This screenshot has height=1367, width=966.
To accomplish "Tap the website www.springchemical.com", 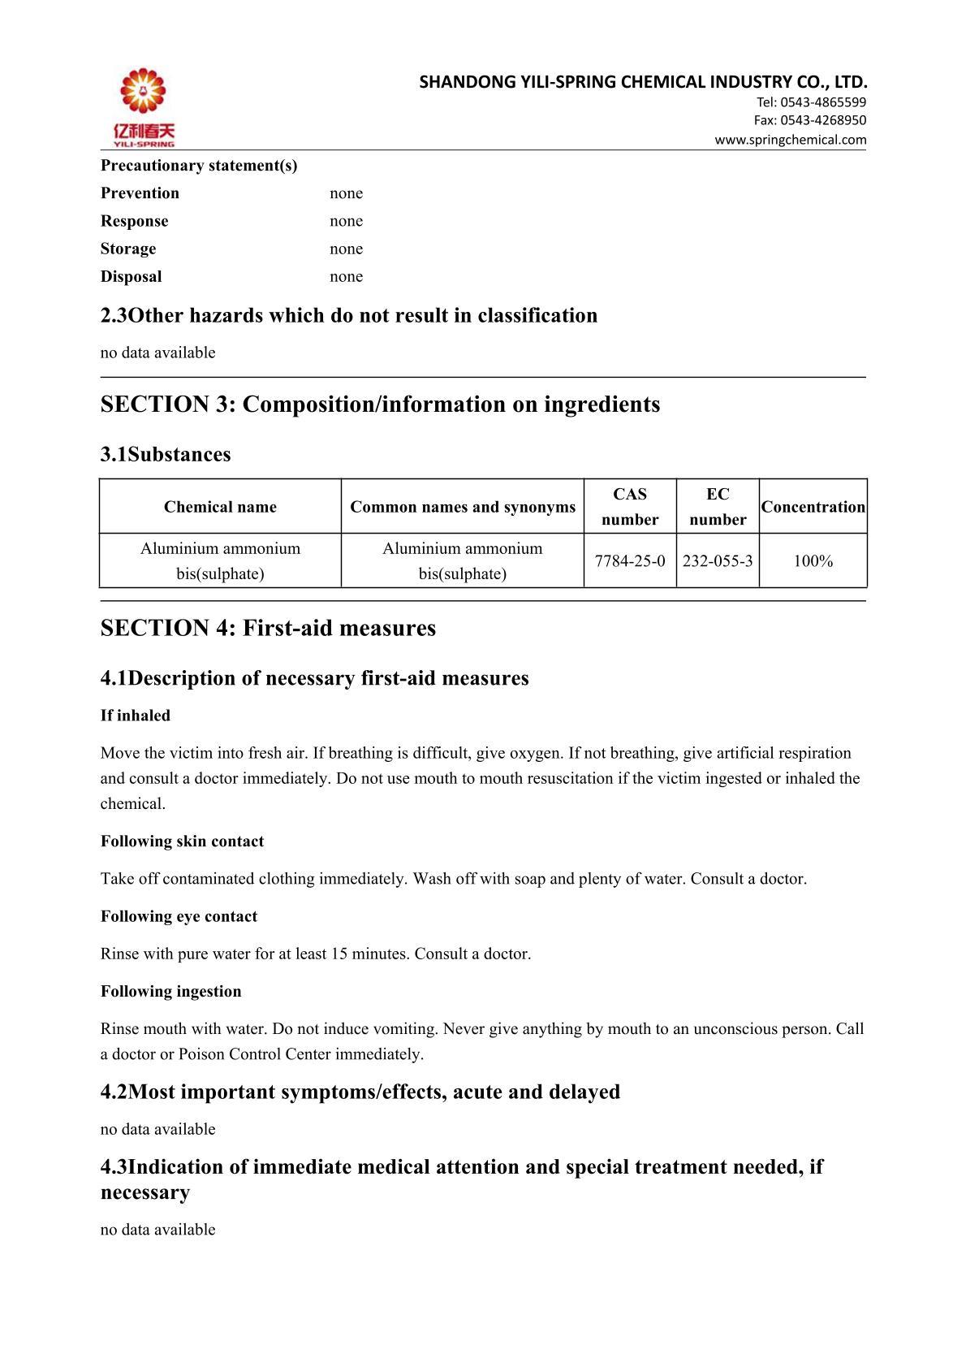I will pyautogui.click(x=790, y=140).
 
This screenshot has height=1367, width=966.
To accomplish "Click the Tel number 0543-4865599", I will pyautogui.click(x=822, y=102).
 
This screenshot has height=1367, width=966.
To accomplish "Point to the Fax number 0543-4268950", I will pyautogui.click(x=822, y=120).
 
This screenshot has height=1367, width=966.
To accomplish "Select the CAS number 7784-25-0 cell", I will pyautogui.click(x=630, y=561).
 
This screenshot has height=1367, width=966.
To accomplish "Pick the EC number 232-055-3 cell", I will pyautogui.click(x=718, y=561).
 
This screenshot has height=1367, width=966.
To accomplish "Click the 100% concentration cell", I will pyautogui.click(x=813, y=561).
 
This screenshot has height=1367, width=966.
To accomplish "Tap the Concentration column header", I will pyautogui.click(x=813, y=507).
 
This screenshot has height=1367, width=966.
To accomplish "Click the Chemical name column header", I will pyautogui.click(x=220, y=507).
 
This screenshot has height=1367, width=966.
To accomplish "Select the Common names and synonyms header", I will pyautogui.click(x=463, y=507).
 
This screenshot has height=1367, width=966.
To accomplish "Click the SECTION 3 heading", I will pyautogui.click(x=380, y=404).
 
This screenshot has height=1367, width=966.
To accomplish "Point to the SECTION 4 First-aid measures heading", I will pyautogui.click(x=268, y=628).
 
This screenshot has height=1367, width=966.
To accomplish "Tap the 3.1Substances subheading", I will pyautogui.click(x=166, y=454).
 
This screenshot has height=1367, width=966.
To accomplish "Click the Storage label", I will pyautogui.click(x=128, y=249).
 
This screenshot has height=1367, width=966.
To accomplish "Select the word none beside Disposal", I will pyautogui.click(x=346, y=276).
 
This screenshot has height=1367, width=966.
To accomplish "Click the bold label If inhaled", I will pyautogui.click(x=136, y=716).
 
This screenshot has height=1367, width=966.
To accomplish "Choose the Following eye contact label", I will pyautogui.click(x=179, y=916).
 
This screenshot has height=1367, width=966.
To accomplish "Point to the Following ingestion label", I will pyautogui.click(x=170, y=991).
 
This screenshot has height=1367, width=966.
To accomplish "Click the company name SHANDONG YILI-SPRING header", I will pyautogui.click(x=643, y=82).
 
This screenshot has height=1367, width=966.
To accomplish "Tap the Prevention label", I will pyautogui.click(x=140, y=193).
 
